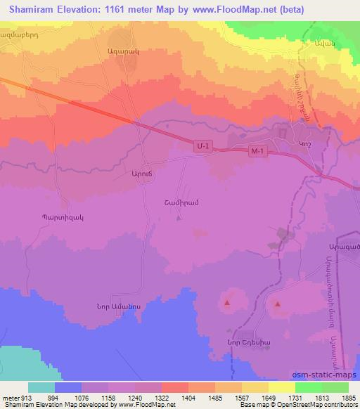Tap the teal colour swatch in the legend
[x=41, y=387]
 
